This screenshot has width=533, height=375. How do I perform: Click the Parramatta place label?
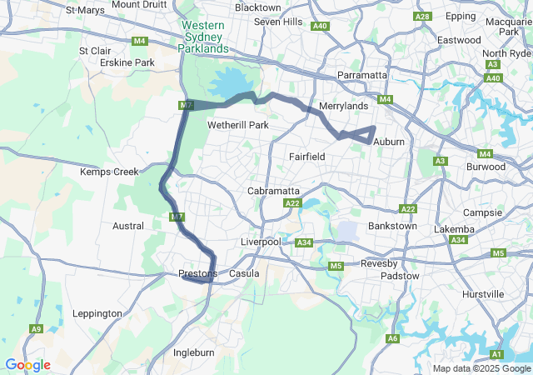click(x=361, y=75)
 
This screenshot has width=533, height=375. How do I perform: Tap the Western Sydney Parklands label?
click(x=203, y=37)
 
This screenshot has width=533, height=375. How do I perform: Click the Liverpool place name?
click(x=262, y=242)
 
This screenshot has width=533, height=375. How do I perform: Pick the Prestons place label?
click(x=198, y=273)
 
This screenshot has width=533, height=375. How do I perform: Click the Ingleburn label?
click(x=194, y=352)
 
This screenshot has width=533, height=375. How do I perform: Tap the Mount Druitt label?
click(x=137, y=5)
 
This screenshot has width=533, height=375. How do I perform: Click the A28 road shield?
click(x=422, y=17)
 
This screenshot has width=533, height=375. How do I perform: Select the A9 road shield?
click(x=36, y=329)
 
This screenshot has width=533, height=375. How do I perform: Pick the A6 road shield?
click(x=392, y=338)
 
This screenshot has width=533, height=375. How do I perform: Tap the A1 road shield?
click(x=496, y=354)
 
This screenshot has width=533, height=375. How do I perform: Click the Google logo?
click(x=27, y=365)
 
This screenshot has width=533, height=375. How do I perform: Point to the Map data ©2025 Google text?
click(x=481, y=368)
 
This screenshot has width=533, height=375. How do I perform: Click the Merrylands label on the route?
click(x=343, y=107)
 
